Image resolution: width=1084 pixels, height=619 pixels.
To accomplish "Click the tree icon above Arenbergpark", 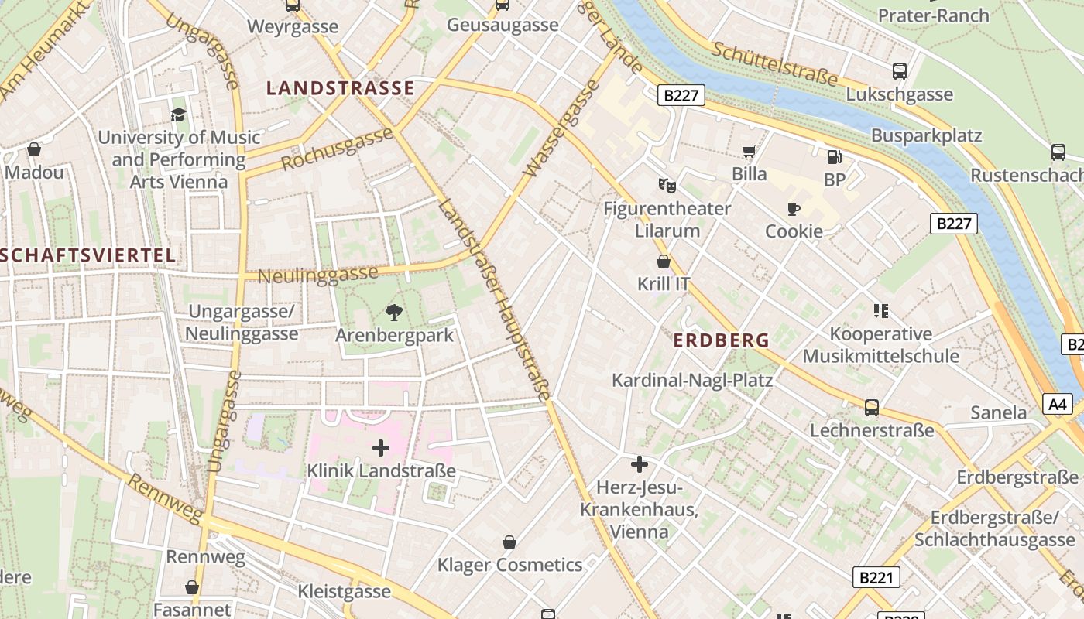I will pyautogui.click(x=394, y=313).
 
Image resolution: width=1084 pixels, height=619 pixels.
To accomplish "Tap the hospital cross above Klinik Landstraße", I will pyautogui.click(x=381, y=448).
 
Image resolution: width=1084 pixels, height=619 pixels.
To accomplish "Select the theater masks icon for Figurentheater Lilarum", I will pyautogui.click(x=667, y=185).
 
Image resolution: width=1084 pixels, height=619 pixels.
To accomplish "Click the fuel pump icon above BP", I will pyautogui.click(x=834, y=157).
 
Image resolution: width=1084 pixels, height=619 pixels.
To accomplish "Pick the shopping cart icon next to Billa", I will pyautogui.click(x=749, y=151).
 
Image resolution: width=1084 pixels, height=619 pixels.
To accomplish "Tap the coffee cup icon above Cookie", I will pyautogui.click(x=793, y=209).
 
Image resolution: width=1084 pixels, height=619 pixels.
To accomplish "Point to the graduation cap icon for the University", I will pyautogui.click(x=179, y=115).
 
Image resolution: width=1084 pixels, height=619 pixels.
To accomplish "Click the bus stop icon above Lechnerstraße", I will pyautogui.click(x=872, y=407).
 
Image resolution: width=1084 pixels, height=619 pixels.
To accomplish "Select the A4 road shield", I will pyautogui.click(x=1058, y=404).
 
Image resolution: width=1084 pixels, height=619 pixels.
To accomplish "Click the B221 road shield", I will pyautogui.click(x=877, y=576).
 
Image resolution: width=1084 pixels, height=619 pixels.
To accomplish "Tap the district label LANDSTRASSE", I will pyautogui.click(x=341, y=88).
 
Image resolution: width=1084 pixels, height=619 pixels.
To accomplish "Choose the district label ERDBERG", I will pyautogui.click(x=721, y=340).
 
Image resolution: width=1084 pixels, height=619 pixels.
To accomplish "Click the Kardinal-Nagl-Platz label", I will pyautogui.click(x=692, y=380).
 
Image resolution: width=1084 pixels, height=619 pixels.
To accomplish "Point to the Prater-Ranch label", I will pyautogui.click(x=933, y=15).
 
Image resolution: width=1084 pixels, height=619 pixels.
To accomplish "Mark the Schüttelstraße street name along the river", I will pyautogui.click(x=775, y=63).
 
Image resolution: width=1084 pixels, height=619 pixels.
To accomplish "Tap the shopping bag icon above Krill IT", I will pyautogui.click(x=663, y=262).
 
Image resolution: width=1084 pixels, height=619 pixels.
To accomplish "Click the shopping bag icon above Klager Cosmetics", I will pyautogui.click(x=509, y=542).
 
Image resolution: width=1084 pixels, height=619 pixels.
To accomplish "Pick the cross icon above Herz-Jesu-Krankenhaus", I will pyautogui.click(x=640, y=464).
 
